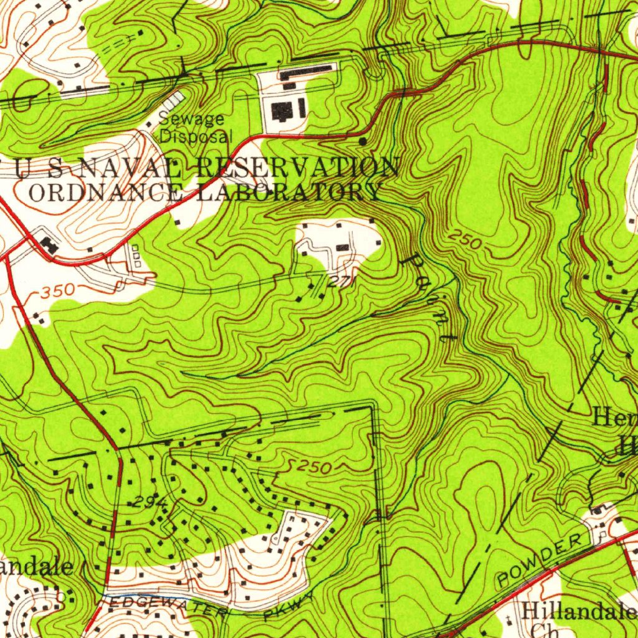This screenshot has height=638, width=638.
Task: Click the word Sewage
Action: tap(191, 119)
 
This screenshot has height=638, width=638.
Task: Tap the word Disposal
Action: tap(196, 136)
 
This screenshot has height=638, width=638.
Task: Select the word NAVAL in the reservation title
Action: tap(118, 169)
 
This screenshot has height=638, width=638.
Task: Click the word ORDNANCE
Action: tap(105, 192)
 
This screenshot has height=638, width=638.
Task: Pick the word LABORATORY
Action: tap(288, 192)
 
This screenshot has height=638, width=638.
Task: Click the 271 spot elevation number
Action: tap(341, 282)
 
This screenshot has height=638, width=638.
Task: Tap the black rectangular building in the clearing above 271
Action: tap(343, 248)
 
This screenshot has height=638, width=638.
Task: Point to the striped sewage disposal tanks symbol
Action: tap(173, 101)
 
